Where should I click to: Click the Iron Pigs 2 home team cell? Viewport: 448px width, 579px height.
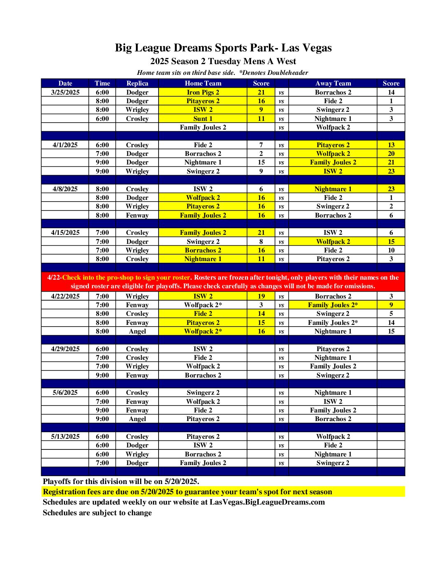click(x=203, y=93)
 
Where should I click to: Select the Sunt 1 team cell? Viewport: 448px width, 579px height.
click(x=203, y=119)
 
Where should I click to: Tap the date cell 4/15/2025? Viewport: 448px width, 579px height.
click(x=65, y=233)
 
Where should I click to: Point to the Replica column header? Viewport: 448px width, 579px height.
click(x=137, y=83)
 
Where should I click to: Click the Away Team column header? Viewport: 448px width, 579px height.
click(x=333, y=83)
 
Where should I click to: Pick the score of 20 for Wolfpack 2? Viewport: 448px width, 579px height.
click(x=391, y=154)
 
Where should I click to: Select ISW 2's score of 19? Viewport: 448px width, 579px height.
click(x=261, y=296)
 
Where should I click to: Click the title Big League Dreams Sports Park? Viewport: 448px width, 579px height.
click(x=223, y=48)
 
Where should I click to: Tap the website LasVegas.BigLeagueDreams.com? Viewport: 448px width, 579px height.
click(x=267, y=502)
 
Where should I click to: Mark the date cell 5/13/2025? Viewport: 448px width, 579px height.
click(x=65, y=437)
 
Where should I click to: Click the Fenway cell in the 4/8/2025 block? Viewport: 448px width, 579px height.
click(x=137, y=215)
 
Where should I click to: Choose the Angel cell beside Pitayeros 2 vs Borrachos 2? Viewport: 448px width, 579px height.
click(x=137, y=419)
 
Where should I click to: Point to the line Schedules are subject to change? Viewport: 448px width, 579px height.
click(x=97, y=513)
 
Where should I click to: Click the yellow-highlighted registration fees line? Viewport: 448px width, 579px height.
click(x=187, y=492)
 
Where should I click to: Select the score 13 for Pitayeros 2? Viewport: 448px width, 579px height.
click(x=391, y=145)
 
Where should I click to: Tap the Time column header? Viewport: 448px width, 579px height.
click(x=102, y=83)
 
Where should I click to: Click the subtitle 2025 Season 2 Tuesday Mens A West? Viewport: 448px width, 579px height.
click(x=223, y=62)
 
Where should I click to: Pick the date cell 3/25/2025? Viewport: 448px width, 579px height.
click(x=65, y=93)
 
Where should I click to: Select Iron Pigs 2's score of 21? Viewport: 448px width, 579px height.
click(x=261, y=93)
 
